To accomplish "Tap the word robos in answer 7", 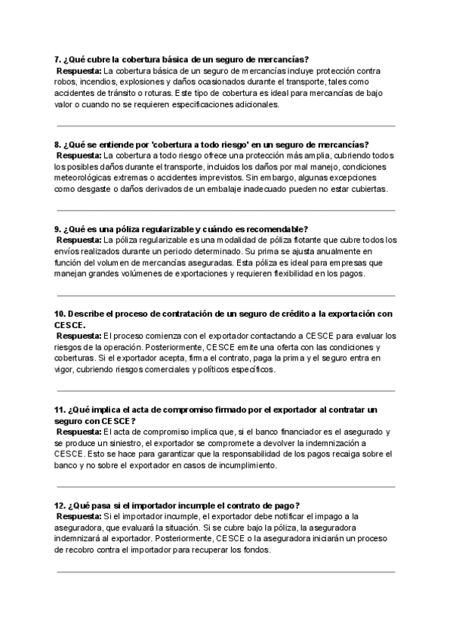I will (66, 82).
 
